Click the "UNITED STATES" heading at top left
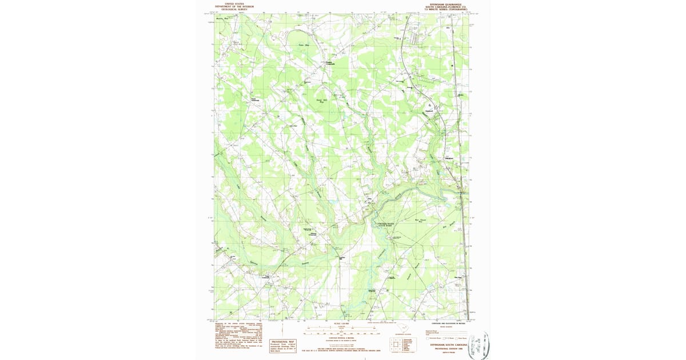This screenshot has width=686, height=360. tap(239, 3)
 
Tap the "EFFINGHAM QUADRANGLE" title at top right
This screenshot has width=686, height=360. tap(445, 3)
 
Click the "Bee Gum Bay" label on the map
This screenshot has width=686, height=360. tap(421, 221)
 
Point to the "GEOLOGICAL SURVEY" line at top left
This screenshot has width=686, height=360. tap(239, 9)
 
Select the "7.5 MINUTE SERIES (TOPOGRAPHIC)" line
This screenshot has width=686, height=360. tap(445, 9)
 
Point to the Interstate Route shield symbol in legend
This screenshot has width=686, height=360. tap(427, 338)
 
